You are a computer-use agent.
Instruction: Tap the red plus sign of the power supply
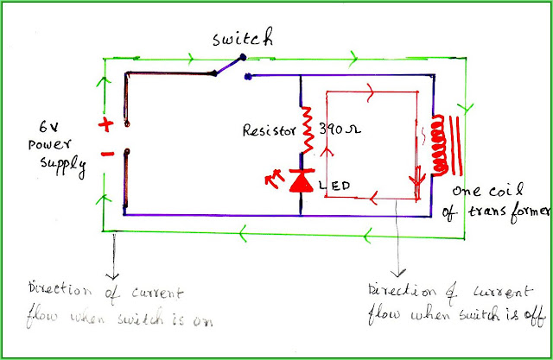[106, 124]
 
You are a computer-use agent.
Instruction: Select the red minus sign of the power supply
[107, 155]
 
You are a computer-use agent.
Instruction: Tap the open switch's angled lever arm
[226, 67]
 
